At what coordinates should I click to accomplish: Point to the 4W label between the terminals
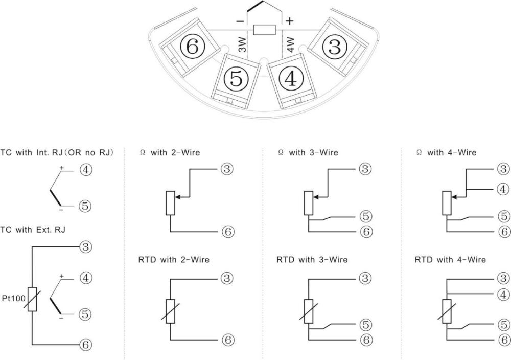290,44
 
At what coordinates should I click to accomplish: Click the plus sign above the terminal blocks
289,21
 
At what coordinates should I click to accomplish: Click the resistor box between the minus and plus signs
264,30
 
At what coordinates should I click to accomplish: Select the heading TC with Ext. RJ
33,230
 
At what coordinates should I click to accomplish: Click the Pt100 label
14,298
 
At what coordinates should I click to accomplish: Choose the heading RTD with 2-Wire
174,260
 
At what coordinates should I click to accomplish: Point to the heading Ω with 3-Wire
308,152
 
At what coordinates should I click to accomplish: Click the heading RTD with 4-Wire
450,260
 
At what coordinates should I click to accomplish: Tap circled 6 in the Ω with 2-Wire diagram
227,232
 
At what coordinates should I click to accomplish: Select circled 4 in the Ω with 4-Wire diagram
504,189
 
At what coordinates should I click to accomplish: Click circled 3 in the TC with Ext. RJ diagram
85,247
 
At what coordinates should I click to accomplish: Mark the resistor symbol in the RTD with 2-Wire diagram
170,311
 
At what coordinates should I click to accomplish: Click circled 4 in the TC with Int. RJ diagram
86,170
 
